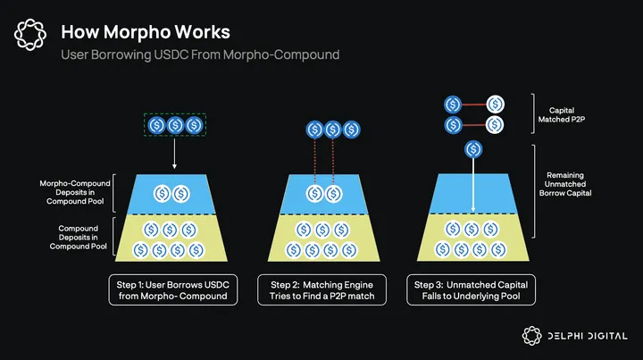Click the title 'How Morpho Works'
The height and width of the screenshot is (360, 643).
(x=146, y=32)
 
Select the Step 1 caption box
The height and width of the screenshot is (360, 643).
(x=174, y=291)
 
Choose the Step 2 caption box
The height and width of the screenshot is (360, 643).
(x=322, y=291)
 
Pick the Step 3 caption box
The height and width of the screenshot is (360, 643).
(x=472, y=291)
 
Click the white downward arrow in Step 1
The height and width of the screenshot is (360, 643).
(x=173, y=154)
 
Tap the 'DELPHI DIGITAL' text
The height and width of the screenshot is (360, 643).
(x=589, y=337)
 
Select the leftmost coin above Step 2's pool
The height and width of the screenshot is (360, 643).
(x=313, y=130)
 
